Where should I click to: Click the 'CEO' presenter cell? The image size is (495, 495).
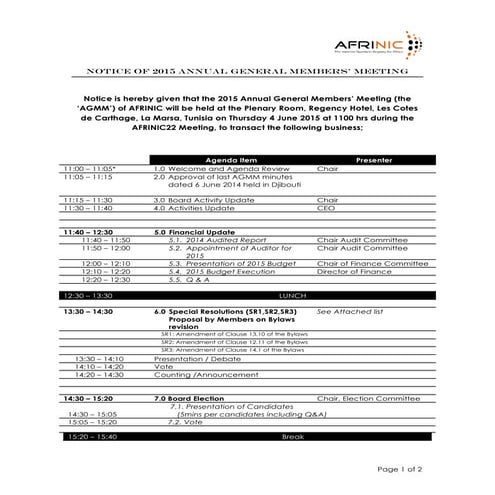coord(326,208)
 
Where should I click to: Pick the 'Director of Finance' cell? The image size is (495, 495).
coord(357,271)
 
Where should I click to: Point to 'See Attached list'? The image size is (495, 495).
coord(351,312)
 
